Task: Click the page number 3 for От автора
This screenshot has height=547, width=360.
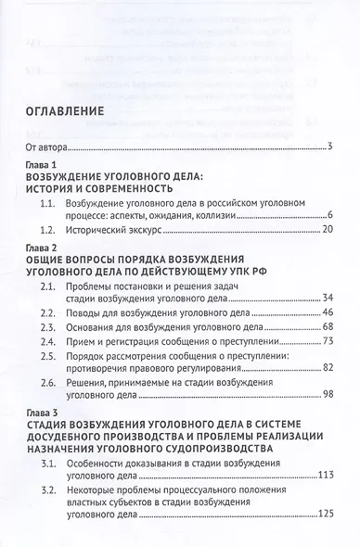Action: (x=330, y=147)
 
